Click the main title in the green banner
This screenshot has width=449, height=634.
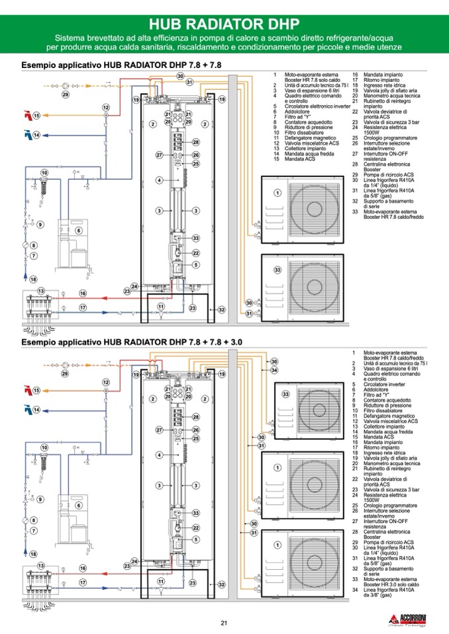(224, 24)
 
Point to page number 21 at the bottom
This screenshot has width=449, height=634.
(224, 622)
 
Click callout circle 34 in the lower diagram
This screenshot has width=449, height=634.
(274, 370)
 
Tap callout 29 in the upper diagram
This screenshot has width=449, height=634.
(66, 95)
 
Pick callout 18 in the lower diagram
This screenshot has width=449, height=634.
(33, 554)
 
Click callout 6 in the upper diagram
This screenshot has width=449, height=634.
(78, 230)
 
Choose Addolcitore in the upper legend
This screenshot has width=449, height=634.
(296, 112)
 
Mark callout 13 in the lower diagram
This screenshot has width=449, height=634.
(41, 567)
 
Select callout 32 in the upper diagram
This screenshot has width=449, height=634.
(221, 309)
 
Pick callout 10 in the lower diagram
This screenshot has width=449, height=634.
(44, 448)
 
